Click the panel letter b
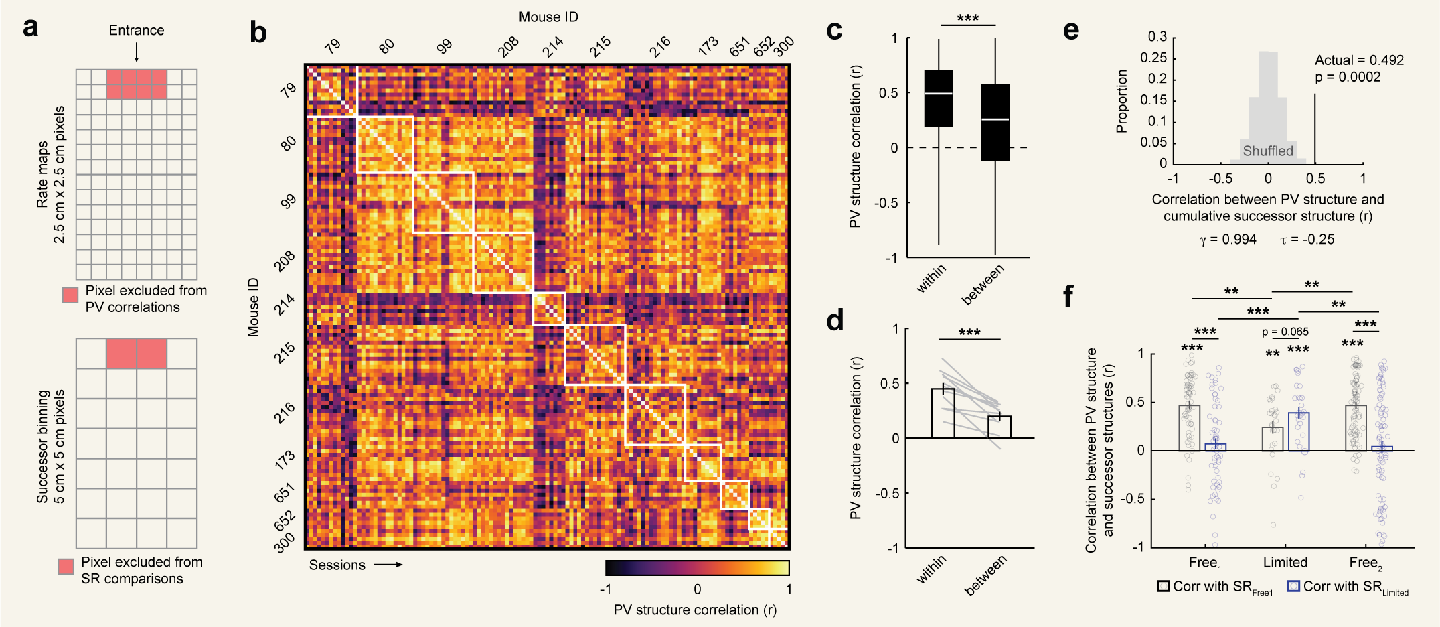(258, 33)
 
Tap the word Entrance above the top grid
(137, 30)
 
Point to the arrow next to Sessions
(388, 565)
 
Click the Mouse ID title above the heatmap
(548, 17)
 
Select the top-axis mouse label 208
(509, 46)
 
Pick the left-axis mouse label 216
(285, 413)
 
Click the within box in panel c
(939, 98)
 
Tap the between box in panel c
(995, 123)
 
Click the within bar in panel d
(943, 413)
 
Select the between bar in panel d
(999, 427)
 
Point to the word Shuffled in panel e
(1268, 151)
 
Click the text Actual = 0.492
(1359, 60)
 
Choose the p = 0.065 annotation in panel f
(1285, 332)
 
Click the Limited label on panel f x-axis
(1285, 562)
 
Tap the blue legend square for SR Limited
(1293, 586)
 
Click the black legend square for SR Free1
(1164, 586)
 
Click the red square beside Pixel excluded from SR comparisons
(66, 567)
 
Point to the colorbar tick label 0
(697, 589)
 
